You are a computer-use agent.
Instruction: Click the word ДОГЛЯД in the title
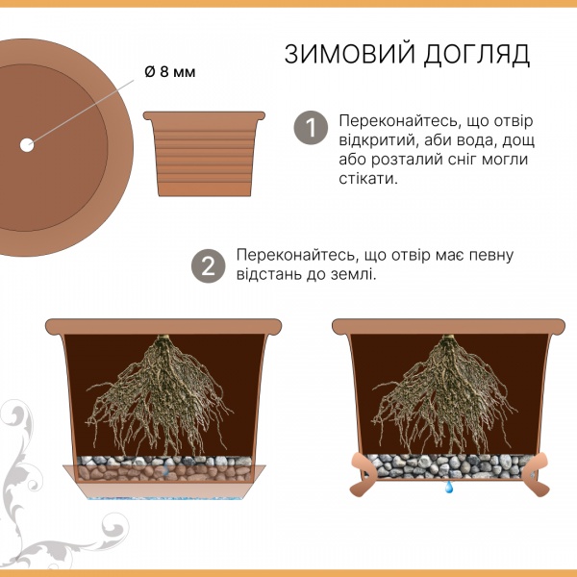(477, 55)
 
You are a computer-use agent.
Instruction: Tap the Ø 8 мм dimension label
(170, 72)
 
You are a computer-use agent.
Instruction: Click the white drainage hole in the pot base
(27, 145)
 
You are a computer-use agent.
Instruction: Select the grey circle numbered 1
(311, 128)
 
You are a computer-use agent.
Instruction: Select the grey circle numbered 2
(209, 266)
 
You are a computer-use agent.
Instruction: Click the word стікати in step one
(368, 179)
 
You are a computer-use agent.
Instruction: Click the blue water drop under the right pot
(448, 487)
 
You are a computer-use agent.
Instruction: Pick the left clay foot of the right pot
(362, 474)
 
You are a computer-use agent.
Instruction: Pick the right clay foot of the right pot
(536, 474)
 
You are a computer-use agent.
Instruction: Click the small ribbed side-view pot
(204, 154)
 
